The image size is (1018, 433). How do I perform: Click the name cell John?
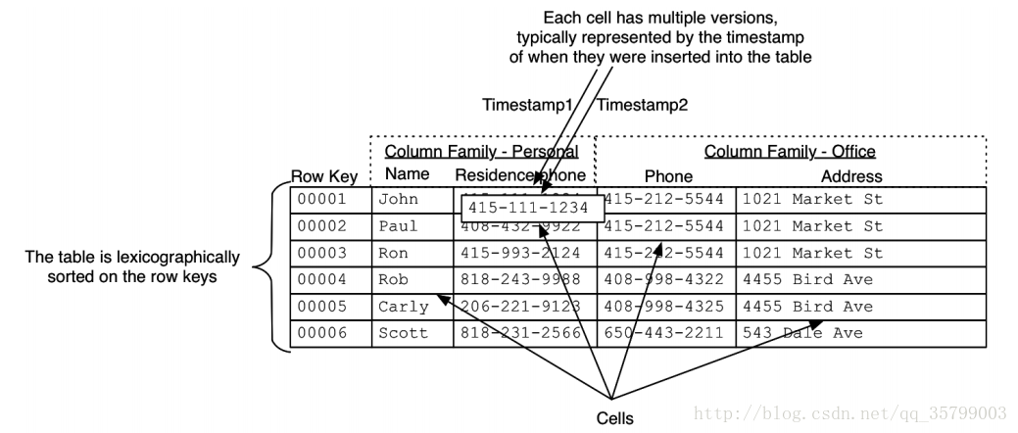click(398, 200)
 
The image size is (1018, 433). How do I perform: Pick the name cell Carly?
click(403, 307)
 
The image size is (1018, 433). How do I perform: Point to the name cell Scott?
click(403, 333)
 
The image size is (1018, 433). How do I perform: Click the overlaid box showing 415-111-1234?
click(529, 209)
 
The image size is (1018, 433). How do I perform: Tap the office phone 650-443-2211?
click(665, 333)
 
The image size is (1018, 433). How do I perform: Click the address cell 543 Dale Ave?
click(802, 333)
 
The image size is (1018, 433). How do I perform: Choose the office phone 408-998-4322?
click(665, 279)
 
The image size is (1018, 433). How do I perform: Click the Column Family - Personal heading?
click(481, 152)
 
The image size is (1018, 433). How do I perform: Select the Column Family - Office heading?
click(790, 152)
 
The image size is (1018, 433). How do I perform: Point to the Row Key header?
click(323, 177)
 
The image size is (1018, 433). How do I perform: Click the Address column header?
click(851, 177)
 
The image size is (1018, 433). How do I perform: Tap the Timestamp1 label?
click(527, 105)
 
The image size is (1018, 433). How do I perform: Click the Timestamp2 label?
click(642, 105)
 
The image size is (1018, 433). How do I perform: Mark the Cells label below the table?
click(616, 419)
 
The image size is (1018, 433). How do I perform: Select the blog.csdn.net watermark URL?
click(851, 413)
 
